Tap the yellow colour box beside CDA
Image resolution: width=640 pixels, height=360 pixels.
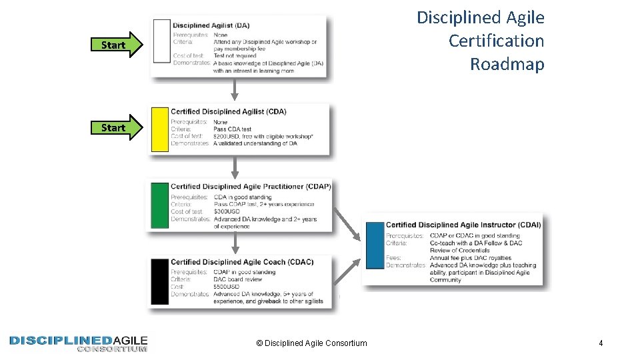(x=160, y=129)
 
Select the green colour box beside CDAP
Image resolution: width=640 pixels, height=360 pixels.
(x=161, y=206)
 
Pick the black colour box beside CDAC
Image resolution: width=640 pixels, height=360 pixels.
(x=160, y=282)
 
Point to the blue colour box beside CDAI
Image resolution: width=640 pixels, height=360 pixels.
(x=375, y=246)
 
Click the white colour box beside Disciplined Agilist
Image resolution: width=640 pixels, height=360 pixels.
(x=161, y=41)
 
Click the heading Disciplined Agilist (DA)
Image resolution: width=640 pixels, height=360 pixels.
(x=211, y=25)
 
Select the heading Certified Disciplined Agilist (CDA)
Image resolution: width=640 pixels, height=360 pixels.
(x=229, y=111)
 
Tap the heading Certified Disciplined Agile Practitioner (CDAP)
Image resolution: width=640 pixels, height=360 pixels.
(x=250, y=187)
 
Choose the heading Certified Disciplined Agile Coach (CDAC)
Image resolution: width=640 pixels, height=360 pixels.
(x=241, y=262)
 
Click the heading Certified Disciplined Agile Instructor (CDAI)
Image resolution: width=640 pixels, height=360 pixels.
(x=463, y=225)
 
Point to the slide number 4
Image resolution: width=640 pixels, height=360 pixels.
(x=601, y=343)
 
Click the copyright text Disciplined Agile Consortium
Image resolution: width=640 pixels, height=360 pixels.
(x=311, y=343)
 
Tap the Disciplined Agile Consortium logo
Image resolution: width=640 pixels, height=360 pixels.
(x=78, y=343)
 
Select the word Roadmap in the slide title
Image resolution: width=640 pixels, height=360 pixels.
(x=507, y=64)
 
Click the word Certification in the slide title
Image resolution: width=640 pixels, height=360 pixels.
(x=496, y=41)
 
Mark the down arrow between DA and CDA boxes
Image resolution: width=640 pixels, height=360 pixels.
(x=234, y=90)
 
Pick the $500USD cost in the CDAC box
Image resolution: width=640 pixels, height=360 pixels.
(x=227, y=287)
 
